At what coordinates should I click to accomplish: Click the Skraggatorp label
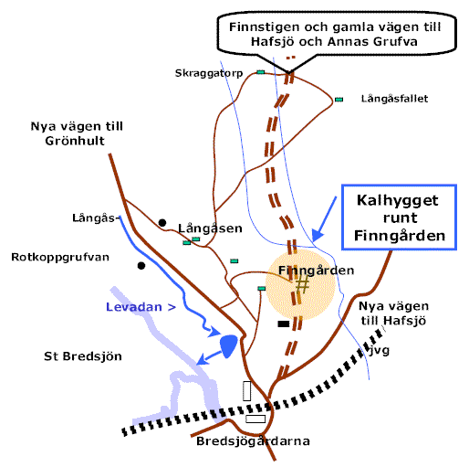pos(209,73)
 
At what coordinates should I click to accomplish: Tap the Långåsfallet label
pos(394,99)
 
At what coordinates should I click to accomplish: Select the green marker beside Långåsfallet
pos(339,100)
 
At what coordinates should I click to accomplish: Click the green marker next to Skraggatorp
pos(261,72)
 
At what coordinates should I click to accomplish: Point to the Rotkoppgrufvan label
pos(60,258)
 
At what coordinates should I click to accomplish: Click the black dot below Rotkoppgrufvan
pos(141,266)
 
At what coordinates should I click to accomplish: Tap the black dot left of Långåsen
pos(162,223)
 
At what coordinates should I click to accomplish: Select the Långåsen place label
pos(210,228)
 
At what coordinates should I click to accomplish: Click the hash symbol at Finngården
pos(302,284)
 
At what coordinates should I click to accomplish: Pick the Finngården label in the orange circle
pos(317,271)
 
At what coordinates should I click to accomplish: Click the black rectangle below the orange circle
pos(284,324)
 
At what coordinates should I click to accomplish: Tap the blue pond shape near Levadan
pos(228,345)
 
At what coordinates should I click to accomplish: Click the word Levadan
pos(134,307)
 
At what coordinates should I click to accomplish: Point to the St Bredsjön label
pos(83,356)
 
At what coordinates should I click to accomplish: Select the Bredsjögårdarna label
pos(253,441)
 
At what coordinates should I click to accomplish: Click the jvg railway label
pos(380,350)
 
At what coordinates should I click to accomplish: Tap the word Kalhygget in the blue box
pos(398,200)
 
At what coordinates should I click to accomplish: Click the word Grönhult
pos(75,141)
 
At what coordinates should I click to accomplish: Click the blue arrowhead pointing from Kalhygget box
pos(318,236)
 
